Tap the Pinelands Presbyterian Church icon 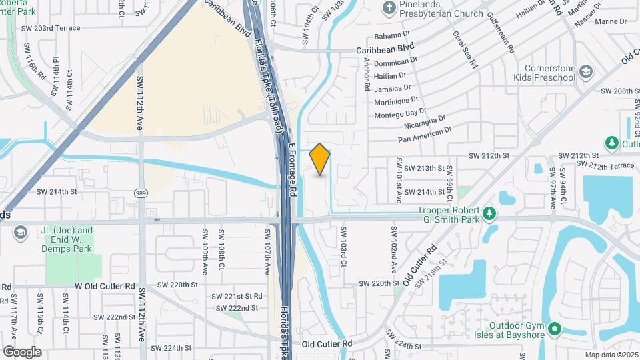389,7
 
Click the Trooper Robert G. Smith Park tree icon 490,213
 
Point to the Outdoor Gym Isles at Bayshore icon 554,329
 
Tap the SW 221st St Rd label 237,296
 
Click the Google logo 22,351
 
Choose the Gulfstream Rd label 501,33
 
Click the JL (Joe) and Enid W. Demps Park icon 21,231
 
